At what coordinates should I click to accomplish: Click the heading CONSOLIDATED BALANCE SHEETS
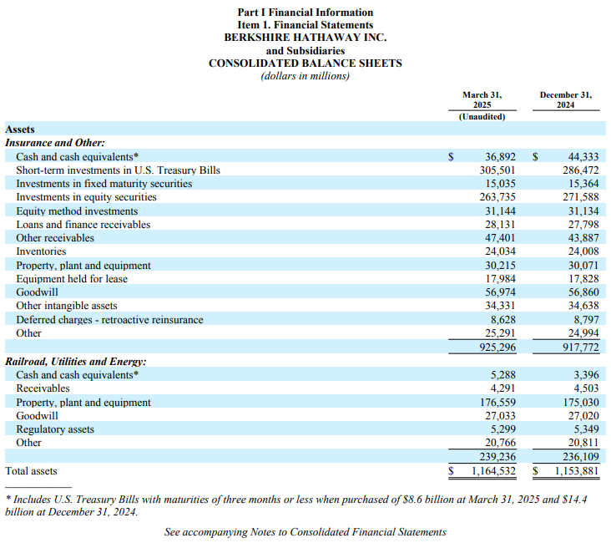pos(305,63)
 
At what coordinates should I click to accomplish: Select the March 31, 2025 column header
pos(482,100)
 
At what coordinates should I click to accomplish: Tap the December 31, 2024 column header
pos(565,100)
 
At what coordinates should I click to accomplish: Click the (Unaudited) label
pos(482,117)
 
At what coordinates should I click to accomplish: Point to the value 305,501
pos(497,170)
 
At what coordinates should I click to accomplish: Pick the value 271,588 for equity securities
pos(581,197)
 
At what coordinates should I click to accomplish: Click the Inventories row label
pos(41,251)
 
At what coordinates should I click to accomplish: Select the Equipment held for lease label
pos(72,279)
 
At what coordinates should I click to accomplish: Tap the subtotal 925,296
pos(497,348)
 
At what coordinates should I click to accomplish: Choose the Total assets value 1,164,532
pos(493,471)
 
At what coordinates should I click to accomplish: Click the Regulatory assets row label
pos(55,429)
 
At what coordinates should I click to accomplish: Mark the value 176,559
pos(497,402)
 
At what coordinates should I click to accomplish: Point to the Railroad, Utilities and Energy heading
pos(76,362)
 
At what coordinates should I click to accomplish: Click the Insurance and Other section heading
pos(55,143)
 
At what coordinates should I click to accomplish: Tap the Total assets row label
pos(31,471)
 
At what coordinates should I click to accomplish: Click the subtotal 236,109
pos(581,457)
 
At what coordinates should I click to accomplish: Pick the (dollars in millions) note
pos(305,76)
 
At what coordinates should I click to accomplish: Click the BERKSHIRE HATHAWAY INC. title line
pos(305,38)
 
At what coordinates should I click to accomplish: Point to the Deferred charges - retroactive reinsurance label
pos(109,320)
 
